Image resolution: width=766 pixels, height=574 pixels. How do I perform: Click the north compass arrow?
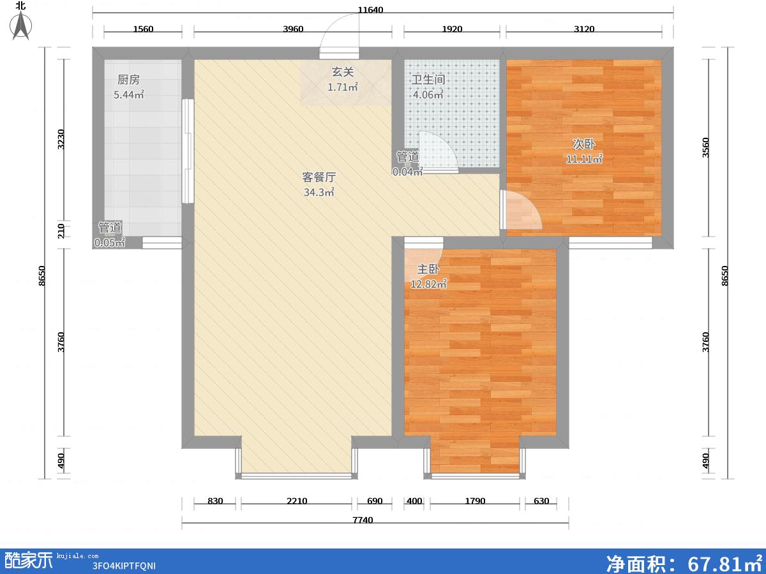tap(21, 26)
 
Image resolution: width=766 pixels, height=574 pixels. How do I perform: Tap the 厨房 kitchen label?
tap(128, 80)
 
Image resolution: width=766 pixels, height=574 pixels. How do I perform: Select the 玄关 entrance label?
tap(343, 72)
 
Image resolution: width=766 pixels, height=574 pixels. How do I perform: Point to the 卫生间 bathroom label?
tap(428, 80)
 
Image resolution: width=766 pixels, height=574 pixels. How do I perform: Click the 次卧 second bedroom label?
tap(584, 144)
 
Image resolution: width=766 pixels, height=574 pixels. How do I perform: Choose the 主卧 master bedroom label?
tap(428, 269)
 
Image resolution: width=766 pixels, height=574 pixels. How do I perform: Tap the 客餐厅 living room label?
tap(319, 177)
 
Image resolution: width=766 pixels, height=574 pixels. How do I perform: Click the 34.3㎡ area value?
tap(319, 192)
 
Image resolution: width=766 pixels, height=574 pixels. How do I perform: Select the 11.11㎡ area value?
tap(584, 159)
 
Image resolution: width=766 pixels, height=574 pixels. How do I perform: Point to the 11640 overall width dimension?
tap(370, 10)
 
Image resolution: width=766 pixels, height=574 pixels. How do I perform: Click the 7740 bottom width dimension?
tap(363, 520)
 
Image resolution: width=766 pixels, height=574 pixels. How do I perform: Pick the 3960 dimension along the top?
tap(293, 29)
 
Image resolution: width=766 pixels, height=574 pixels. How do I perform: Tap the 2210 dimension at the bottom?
tap(297, 501)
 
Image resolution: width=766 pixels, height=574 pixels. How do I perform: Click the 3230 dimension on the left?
tap(61, 139)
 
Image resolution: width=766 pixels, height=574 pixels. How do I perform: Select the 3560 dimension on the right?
tap(705, 148)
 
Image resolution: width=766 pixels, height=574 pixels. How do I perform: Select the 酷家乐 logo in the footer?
tap(29, 560)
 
